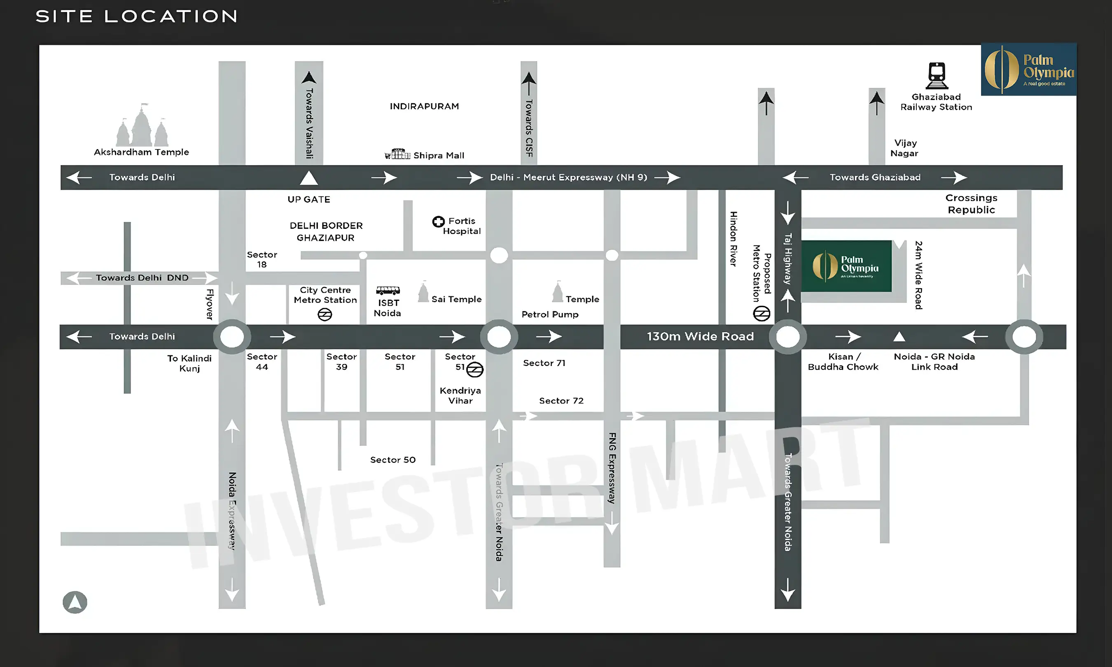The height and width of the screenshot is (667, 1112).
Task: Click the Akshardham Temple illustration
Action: point(142,126)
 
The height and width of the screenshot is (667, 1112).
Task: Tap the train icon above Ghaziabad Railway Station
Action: point(937,75)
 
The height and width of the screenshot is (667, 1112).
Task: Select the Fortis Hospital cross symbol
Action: point(438,222)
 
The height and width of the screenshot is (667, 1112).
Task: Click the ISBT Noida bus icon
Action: point(388,290)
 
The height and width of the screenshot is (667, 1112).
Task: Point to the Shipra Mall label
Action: point(438,156)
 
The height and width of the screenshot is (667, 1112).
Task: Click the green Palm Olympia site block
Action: point(846,266)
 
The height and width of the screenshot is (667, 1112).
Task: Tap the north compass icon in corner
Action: point(75,602)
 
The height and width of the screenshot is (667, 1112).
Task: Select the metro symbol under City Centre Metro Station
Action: point(325,315)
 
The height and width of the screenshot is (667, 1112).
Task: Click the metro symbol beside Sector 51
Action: point(474,369)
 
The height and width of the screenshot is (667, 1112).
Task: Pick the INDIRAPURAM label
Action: point(424,107)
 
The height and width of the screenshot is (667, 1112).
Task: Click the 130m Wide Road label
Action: point(700,337)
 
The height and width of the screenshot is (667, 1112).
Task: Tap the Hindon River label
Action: point(733,239)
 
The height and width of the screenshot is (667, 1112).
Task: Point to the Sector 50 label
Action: point(393,460)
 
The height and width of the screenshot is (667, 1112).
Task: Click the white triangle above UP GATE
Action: point(309,178)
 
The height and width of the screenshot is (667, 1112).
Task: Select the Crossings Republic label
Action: point(971,204)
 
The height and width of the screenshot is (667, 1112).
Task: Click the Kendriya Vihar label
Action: point(460,396)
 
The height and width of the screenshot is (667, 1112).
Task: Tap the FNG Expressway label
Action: point(612,467)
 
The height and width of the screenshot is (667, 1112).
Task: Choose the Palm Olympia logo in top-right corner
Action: point(1028,70)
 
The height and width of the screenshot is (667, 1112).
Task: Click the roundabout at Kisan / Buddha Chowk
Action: point(787,337)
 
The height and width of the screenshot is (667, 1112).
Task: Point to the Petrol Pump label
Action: point(550,315)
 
